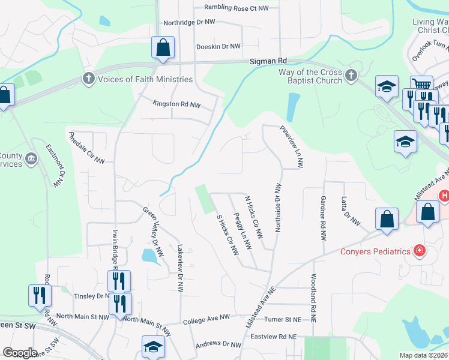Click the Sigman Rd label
pos(269,61)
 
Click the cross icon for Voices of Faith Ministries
pos(88,79)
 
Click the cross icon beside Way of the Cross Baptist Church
pos(351,76)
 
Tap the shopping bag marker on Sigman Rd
pos(163,47)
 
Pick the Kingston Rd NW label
pos(176,104)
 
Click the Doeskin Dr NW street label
pos(218,46)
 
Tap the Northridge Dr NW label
pos(189,22)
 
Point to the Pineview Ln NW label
pos(291,146)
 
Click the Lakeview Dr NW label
pos(179,268)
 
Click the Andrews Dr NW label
pos(218,344)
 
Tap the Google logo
pos(20,353)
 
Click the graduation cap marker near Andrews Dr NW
pos(153,346)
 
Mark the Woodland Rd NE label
pos(313,298)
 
